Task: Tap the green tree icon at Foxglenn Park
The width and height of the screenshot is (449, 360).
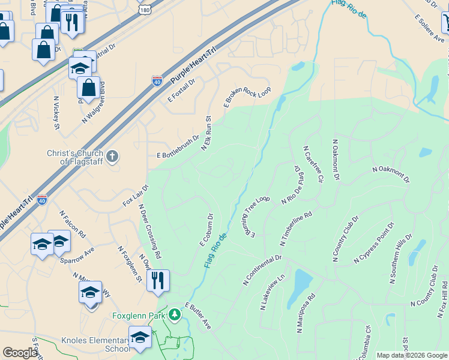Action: point(174,314)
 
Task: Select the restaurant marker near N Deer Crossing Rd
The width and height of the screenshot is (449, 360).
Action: point(158,280)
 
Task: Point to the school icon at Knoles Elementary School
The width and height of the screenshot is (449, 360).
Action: point(140,338)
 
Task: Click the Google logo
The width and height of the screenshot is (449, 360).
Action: point(20,353)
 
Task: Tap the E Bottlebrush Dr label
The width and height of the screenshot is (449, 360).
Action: point(178,146)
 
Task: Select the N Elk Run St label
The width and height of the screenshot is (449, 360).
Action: point(207,133)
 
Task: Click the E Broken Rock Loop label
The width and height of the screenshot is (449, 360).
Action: point(247,97)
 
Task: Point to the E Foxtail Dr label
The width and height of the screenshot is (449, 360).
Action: point(182,89)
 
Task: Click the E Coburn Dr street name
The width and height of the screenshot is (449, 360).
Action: point(206,230)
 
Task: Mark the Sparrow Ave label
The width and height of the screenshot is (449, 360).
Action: point(77,255)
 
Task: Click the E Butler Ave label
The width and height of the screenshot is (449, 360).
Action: point(198,316)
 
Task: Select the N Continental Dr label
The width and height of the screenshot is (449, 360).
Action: point(262,269)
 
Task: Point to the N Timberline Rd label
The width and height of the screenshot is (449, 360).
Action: point(296,228)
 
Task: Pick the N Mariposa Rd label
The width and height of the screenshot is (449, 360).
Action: point(306,313)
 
